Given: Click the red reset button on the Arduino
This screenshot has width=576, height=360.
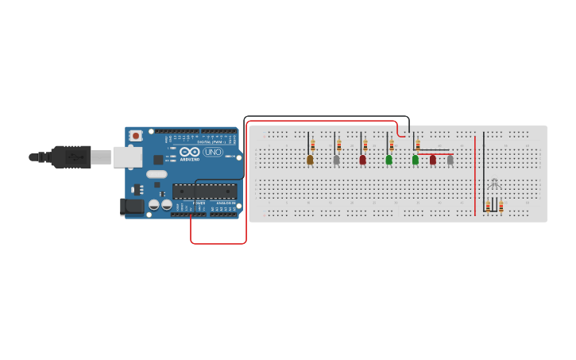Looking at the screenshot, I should pos(136,136).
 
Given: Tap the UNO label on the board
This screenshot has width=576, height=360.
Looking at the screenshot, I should pos(213,152).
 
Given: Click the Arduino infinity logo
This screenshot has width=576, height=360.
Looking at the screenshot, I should pos(189,151).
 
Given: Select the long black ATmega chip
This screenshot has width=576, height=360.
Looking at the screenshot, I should pos(204,192).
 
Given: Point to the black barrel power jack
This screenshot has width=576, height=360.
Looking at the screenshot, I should pos(132,207).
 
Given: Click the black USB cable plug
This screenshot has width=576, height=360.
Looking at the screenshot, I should pos(72,157).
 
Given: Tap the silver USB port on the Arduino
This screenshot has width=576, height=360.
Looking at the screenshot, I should pos(126,157).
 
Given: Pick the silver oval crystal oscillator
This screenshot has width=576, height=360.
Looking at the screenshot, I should pos(157,174).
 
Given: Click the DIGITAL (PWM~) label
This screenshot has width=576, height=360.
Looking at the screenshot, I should pos(208,141).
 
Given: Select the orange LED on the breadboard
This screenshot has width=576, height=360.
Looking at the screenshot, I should pos(310,160).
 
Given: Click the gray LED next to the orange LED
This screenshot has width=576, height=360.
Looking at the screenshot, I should pos(336,160).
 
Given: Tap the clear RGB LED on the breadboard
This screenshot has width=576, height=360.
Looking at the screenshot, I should pos(494,184).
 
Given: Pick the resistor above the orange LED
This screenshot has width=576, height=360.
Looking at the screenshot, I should pos(313,145).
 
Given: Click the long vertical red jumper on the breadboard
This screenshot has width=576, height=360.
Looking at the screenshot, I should pos(475,175).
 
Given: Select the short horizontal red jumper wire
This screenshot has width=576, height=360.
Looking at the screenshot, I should pos(435,154).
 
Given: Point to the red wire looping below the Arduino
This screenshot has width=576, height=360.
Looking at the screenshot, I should pos(218,243).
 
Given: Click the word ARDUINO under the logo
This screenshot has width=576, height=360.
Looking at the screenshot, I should pos(189,159).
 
